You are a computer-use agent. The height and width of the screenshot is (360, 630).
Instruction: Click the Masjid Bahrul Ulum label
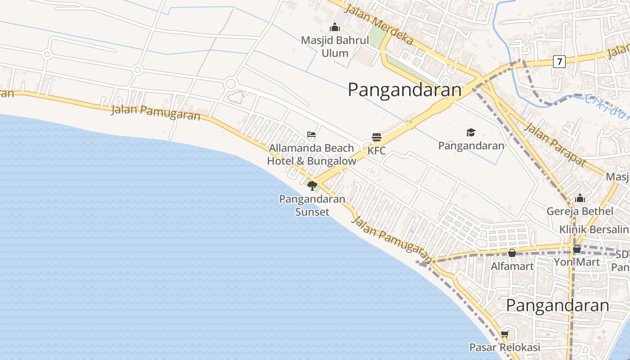click(x=335, y=47)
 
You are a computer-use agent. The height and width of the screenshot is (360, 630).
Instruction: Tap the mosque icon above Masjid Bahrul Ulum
click(x=335, y=27)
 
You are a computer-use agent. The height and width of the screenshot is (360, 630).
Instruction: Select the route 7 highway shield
click(x=559, y=62)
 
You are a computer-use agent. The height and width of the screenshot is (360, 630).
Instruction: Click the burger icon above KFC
click(x=377, y=137)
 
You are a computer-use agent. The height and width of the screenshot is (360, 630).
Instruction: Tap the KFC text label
click(x=377, y=151)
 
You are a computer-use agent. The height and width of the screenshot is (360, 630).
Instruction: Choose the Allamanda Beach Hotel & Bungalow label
click(x=311, y=154)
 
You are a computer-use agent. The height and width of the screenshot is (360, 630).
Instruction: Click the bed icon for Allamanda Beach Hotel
click(x=311, y=135)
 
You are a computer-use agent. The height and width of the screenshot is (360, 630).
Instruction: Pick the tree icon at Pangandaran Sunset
click(x=312, y=185)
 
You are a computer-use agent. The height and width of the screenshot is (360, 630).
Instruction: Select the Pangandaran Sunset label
click(x=312, y=205)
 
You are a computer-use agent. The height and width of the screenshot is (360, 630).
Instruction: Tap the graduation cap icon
click(x=471, y=132)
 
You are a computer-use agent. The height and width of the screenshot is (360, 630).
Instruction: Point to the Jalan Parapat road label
click(x=556, y=144)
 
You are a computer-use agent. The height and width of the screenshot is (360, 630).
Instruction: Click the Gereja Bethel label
click(x=580, y=211)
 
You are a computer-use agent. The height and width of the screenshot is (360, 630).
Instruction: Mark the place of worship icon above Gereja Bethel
click(x=580, y=198)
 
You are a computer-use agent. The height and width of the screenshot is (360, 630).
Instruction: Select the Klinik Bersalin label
click(x=594, y=229)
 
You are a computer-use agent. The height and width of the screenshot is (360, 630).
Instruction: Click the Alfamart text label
click(x=512, y=266)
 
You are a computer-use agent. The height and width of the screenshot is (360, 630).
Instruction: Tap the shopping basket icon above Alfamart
click(x=512, y=253)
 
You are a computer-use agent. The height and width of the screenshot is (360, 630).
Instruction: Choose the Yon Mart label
click(x=576, y=262)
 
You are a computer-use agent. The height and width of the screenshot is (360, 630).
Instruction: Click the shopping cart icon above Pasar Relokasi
click(x=504, y=334)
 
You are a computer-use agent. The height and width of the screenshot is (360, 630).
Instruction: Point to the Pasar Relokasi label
click(x=504, y=347)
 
